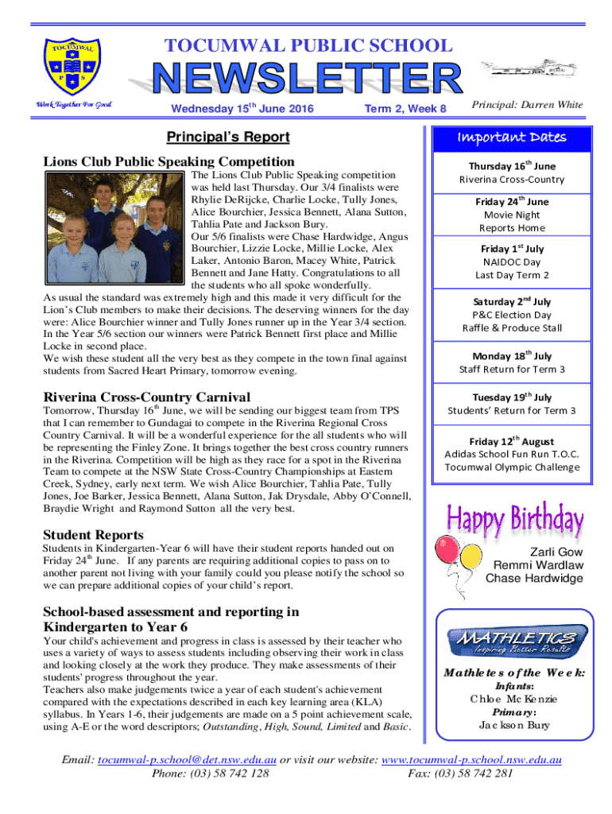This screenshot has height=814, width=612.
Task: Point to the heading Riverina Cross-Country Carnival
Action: [146, 397]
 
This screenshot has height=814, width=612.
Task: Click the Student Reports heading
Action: [93, 534]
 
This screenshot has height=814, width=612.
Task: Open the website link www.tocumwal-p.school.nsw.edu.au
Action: [472, 761]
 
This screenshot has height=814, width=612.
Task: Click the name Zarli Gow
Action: [556, 552]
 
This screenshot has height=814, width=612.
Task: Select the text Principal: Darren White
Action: [527, 105]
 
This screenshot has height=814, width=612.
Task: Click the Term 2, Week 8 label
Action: [405, 108]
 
